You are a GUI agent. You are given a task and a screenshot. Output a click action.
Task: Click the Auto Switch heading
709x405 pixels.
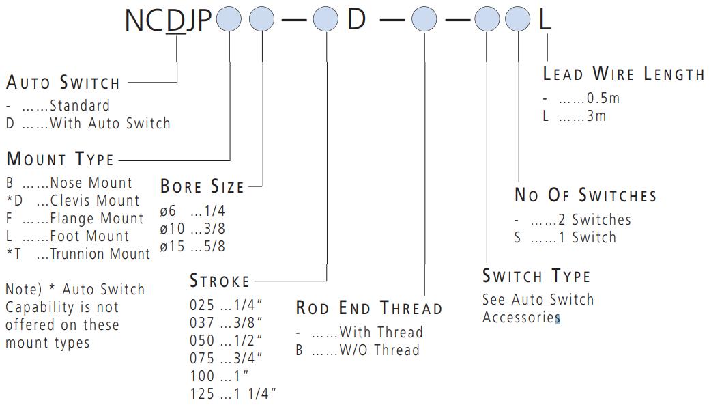tap(63, 83)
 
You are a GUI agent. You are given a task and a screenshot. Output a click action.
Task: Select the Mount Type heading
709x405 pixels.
tap(60, 160)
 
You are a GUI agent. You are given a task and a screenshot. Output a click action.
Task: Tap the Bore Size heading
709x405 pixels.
tap(202, 186)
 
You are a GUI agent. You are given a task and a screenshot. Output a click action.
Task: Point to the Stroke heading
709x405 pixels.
tap(220, 281)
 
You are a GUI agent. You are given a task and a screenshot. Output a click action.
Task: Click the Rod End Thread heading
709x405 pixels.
tap(369, 308)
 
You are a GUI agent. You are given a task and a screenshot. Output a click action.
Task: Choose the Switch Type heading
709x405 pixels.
tap(536, 276)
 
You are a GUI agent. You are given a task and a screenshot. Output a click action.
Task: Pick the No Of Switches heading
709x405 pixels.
tap(585, 195)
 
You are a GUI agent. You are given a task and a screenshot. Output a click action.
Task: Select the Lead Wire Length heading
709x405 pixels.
tap(624, 74)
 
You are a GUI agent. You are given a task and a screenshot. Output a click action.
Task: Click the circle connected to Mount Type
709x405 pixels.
tap(229, 19)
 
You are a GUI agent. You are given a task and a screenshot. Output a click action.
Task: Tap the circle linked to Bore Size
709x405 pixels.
tap(261, 19)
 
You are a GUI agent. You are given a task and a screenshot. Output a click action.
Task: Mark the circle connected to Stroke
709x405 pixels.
tap(326, 19)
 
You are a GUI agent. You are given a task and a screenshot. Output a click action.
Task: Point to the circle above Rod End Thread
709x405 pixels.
tap(424, 19)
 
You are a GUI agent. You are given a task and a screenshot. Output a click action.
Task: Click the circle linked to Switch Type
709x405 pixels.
tap(487, 19)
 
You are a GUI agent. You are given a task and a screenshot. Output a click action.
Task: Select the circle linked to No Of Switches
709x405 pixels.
tap(519, 19)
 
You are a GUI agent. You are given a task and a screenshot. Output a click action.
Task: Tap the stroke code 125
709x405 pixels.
tap(201, 394)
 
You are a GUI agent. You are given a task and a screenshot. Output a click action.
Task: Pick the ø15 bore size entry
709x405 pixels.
tap(173, 247)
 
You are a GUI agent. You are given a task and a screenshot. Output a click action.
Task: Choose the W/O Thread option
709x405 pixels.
tap(379, 350)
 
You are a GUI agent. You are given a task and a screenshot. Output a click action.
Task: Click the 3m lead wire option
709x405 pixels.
tap(596, 116)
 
